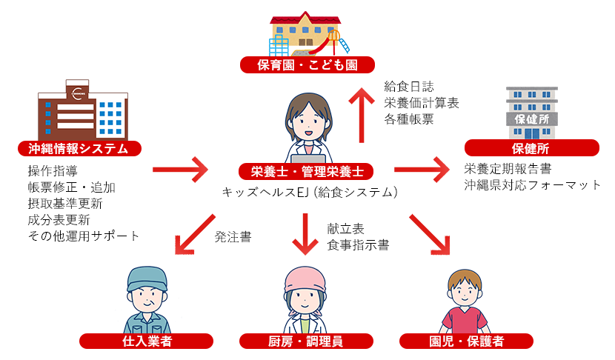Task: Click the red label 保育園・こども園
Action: coord(307,65)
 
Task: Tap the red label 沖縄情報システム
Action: coord(78,148)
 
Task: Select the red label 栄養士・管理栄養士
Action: coord(307,172)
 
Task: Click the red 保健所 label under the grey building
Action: coord(531,148)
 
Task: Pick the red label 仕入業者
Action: coord(147,341)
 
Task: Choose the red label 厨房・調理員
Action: coord(306,341)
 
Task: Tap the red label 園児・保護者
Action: coord(467,341)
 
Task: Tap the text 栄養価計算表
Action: coord(422,103)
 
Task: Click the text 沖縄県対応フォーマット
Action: coord(532,184)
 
